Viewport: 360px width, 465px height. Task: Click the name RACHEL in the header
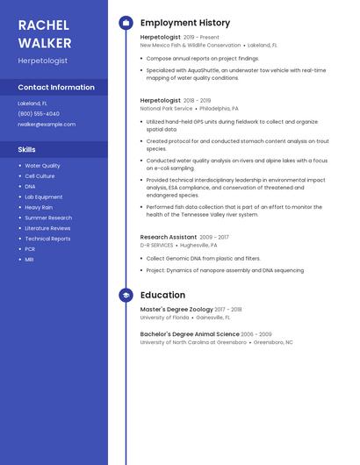(44, 25)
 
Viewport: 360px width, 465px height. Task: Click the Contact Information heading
(56, 88)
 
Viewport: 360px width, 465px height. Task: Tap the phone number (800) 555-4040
(39, 114)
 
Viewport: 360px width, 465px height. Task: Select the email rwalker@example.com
(47, 125)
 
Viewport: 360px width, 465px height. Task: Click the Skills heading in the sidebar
(27, 150)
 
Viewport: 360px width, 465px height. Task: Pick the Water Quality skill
(42, 166)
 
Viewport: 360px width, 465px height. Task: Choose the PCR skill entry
(30, 249)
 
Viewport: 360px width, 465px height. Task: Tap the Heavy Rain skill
(39, 207)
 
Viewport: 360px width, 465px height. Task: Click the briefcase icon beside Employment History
(126, 23)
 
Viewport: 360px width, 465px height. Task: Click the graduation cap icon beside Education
(126, 296)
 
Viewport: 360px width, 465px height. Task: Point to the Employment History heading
(185, 23)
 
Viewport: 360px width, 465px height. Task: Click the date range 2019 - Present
(202, 38)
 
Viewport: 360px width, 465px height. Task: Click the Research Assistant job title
(169, 237)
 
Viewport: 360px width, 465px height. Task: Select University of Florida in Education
(163, 318)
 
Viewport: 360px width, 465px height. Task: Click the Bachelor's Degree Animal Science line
(190, 334)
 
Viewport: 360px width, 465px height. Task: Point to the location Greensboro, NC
(273, 342)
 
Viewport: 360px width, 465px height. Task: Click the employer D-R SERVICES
(157, 246)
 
